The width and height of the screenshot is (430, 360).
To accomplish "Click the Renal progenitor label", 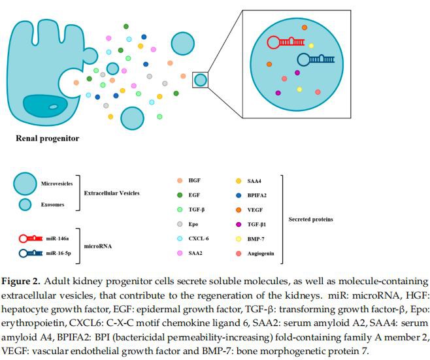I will [47, 139].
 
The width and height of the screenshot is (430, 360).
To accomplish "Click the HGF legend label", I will [194, 180].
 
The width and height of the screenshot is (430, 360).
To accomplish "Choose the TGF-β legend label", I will [197, 209].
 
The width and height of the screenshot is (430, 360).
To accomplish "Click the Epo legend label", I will [193, 223].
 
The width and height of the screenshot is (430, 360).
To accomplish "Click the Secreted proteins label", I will [310, 220].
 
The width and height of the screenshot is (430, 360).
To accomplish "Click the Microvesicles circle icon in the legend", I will [25, 185].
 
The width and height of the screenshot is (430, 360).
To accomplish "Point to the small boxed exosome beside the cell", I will [201, 80].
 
